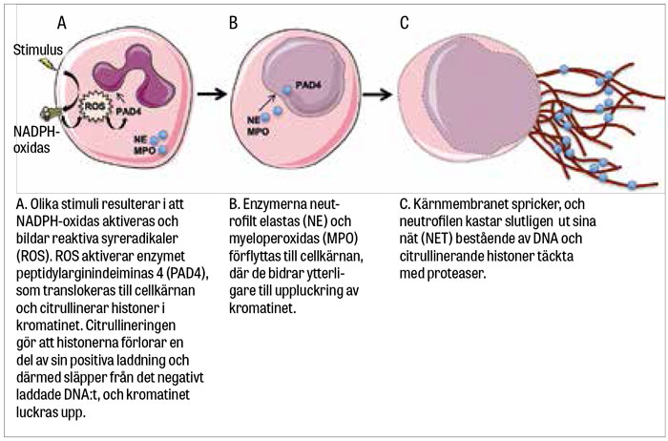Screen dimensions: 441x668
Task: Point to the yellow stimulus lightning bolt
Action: click(x=43, y=65)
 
